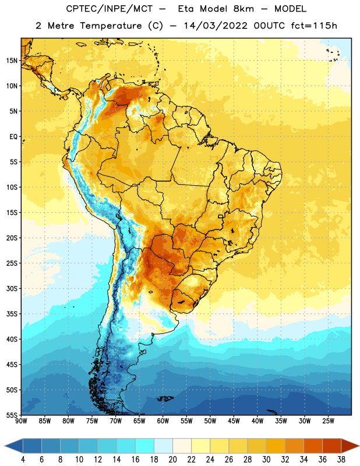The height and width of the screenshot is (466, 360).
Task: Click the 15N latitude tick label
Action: pos(12,61)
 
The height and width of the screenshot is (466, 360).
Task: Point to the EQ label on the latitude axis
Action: pos(13,137)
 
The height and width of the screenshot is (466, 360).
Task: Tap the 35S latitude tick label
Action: pos(12,314)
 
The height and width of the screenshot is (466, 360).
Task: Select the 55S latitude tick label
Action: pos(12,415)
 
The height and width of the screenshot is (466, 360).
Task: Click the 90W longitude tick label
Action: pos(21,421)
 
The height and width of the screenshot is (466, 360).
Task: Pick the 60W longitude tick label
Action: pos(163,421)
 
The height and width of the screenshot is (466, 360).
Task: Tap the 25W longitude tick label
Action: pos(329,421)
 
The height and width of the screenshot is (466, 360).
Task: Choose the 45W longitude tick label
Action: pos(234,421)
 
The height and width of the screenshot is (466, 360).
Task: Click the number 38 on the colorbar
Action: pos(341,460)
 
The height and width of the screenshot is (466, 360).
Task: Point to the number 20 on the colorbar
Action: pos(172,460)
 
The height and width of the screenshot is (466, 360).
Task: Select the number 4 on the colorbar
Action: pos(23,460)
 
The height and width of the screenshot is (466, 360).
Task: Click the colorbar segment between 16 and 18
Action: pos(145,446)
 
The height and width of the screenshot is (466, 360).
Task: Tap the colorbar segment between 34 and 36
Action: pos(313,446)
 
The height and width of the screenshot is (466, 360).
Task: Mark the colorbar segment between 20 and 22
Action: pos(182,446)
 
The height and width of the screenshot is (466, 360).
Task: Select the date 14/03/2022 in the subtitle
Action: pos(216,26)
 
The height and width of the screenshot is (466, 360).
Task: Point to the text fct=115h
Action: pos(314,26)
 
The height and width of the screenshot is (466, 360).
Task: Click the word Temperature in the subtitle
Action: pos(111,26)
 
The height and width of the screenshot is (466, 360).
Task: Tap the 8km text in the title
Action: pos(243,9)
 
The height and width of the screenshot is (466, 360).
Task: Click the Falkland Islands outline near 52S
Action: pos(165,398)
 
